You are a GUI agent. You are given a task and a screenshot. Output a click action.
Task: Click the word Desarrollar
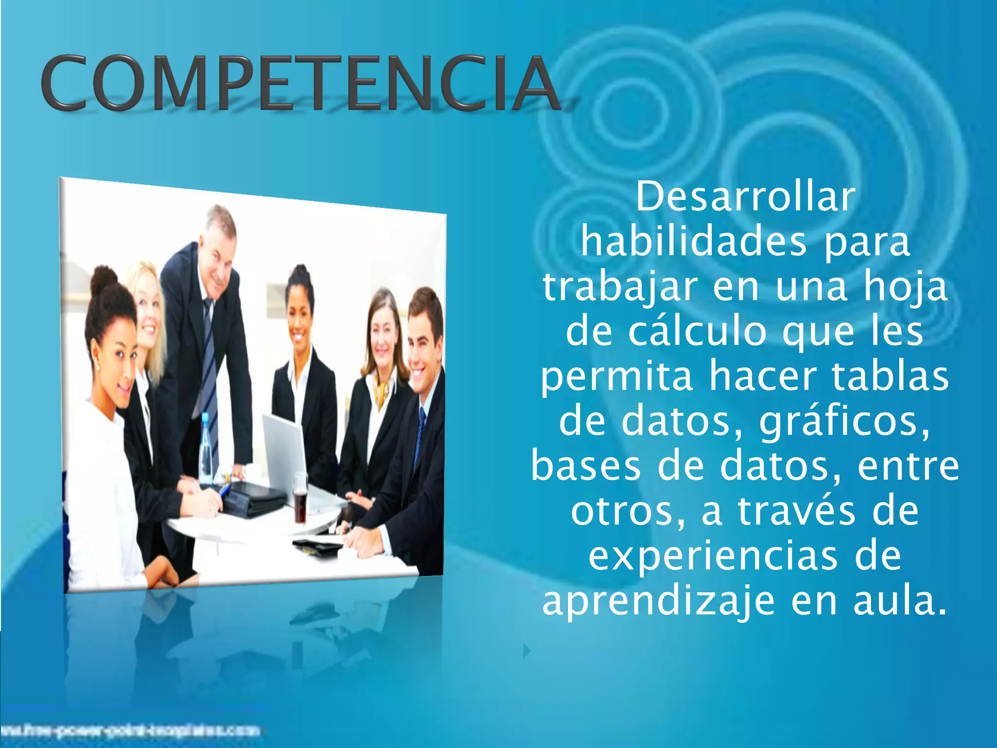745,197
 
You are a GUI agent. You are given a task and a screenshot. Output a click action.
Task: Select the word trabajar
620,287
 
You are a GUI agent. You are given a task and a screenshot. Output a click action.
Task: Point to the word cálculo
697,332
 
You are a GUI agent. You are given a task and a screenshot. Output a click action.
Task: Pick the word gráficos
844,422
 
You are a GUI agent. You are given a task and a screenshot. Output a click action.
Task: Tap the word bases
586,467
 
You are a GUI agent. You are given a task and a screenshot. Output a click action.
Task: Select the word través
796,511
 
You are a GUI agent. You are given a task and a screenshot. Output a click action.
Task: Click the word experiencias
713,556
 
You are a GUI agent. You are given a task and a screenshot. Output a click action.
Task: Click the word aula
900,601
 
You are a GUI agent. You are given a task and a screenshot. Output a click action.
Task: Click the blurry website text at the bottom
131,730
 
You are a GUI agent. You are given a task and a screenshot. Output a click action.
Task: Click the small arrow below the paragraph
526,651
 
